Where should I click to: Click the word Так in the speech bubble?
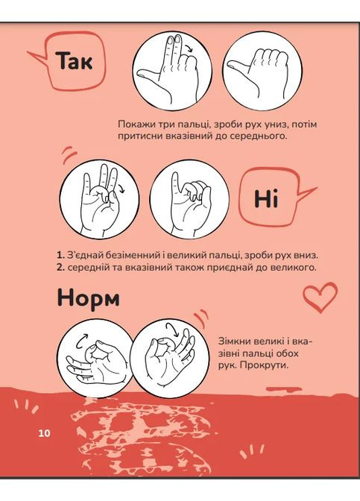[x=75, y=60]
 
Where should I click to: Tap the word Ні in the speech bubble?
[x=266, y=198]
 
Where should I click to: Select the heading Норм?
[x=89, y=297]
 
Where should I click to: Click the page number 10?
[x=45, y=433]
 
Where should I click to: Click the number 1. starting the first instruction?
[x=60, y=255]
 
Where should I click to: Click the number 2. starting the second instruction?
[x=61, y=267]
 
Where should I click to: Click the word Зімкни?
[x=233, y=341]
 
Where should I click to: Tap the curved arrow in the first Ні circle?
[x=121, y=189]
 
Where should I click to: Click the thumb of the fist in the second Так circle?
[x=239, y=66]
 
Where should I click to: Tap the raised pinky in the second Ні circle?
[x=175, y=186]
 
